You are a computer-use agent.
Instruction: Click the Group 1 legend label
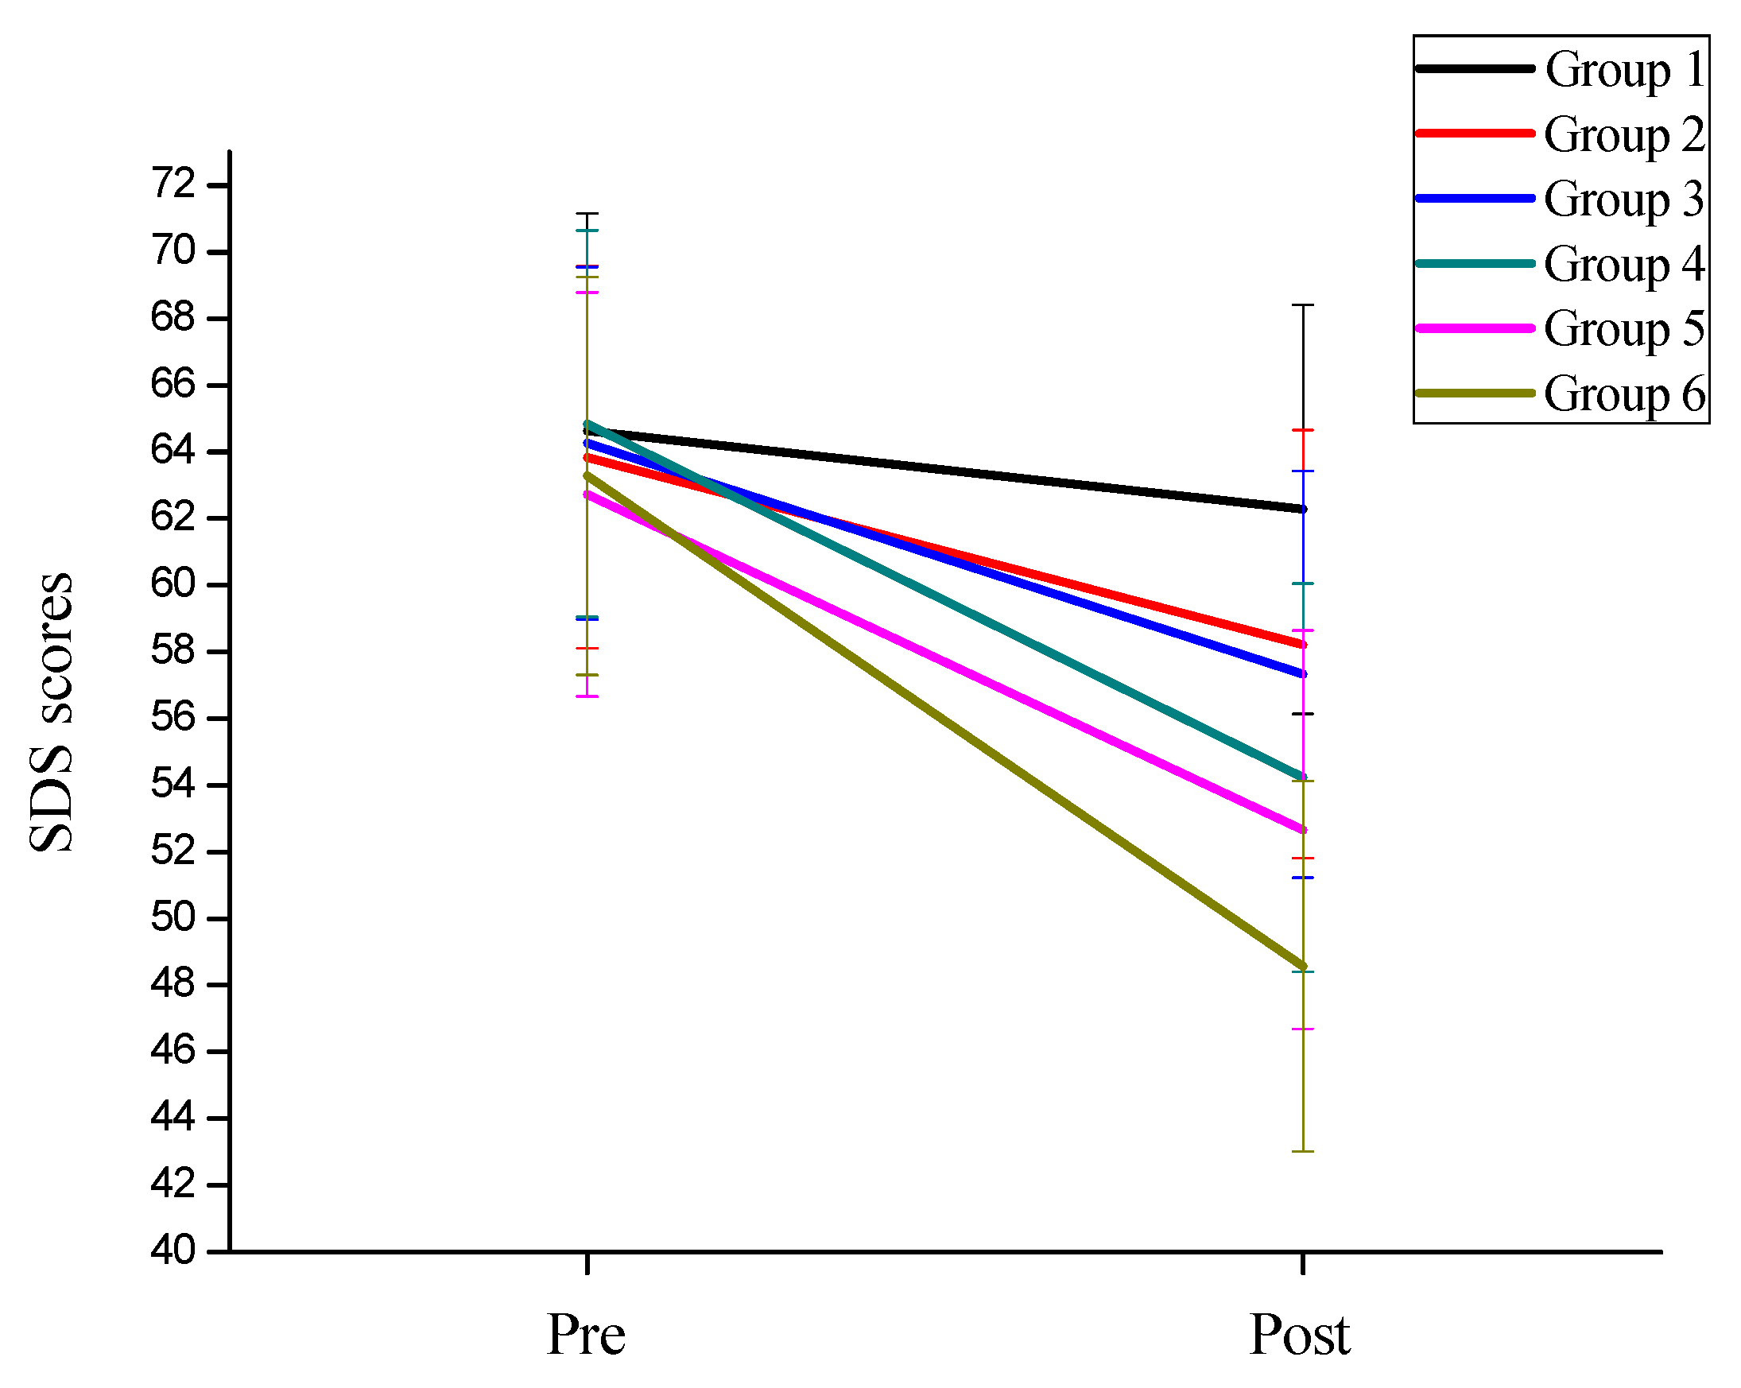click(x=1625, y=69)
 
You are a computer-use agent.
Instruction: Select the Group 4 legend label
click(x=1625, y=264)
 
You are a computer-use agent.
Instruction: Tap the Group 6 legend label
click(x=1625, y=394)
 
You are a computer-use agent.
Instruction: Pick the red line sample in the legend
click(x=1475, y=134)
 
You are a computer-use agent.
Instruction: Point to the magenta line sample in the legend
click(x=1475, y=328)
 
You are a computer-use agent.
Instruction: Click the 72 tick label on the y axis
click(x=173, y=185)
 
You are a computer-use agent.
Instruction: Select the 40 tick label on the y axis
click(x=173, y=1250)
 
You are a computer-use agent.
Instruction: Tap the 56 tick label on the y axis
click(x=173, y=718)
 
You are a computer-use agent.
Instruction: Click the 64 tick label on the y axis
click(x=173, y=452)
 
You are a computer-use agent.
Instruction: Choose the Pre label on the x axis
click(x=586, y=1336)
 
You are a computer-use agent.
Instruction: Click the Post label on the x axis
click(x=1300, y=1336)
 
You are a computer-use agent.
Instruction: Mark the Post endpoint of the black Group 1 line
click(x=1302, y=510)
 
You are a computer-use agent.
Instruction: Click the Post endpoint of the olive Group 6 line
click(x=1302, y=966)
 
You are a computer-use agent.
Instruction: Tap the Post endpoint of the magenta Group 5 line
click(x=1302, y=830)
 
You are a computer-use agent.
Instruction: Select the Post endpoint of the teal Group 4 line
click(x=1302, y=777)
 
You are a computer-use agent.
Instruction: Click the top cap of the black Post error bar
click(x=1302, y=305)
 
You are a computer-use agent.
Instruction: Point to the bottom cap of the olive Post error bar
click(x=1302, y=1151)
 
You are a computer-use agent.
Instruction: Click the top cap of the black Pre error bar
click(x=587, y=214)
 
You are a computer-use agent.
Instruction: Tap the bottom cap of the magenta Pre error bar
click(x=587, y=696)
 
